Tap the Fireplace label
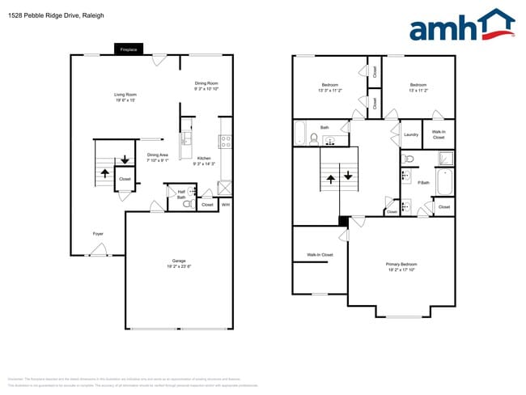[128, 50]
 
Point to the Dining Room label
[206, 83]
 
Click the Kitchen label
[204, 158]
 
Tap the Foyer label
[98, 234]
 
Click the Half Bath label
[181, 194]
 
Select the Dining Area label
[158, 155]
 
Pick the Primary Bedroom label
[401, 264]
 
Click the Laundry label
[410, 134]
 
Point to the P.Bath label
[423, 182]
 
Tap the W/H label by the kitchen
[226, 205]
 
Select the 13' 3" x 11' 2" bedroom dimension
[330, 91]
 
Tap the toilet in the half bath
[187, 205]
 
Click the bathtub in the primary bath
[445, 181]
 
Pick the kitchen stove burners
[226, 142]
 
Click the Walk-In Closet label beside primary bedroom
[320, 255]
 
